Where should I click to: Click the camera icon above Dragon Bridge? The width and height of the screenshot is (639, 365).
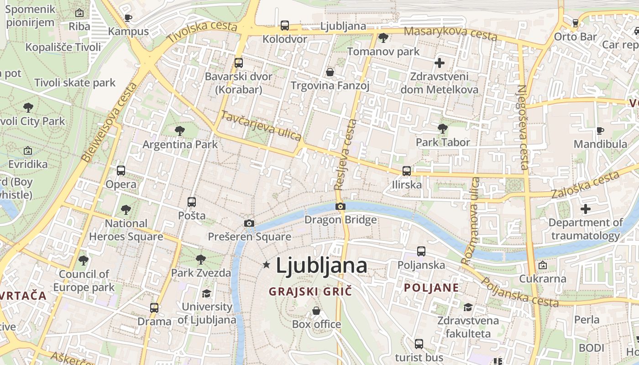[340, 206]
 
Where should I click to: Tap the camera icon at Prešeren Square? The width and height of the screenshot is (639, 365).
[249, 223]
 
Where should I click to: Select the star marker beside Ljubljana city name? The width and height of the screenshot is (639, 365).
[267, 265]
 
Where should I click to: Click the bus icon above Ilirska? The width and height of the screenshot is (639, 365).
[406, 171]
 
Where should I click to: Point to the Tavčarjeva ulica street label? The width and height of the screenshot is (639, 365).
[261, 125]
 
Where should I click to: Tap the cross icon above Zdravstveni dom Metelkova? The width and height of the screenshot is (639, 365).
[440, 63]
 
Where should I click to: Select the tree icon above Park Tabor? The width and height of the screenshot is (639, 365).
[442, 128]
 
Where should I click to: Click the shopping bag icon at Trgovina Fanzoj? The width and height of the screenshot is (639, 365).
[330, 72]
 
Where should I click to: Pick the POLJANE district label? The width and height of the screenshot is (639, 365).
[431, 288]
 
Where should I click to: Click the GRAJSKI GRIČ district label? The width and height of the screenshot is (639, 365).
[310, 291]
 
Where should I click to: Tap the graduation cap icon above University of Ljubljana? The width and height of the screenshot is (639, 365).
[207, 293]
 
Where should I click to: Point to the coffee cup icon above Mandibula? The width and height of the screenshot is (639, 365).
[600, 131]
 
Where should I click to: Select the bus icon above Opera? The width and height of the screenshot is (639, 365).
[120, 171]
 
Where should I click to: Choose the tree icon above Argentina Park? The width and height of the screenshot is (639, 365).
[180, 131]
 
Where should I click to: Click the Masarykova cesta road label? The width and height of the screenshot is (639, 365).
[450, 33]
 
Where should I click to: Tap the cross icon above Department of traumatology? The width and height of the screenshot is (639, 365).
[585, 209]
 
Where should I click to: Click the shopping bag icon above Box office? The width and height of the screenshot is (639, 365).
[316, 311]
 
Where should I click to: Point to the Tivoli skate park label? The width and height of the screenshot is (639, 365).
[75, 83]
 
